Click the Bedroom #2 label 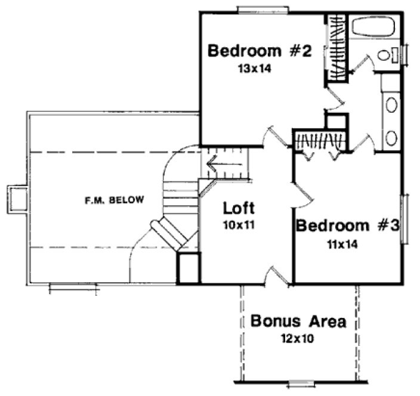point(260,51)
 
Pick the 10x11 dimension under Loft point(239,225)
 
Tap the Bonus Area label point(298,322)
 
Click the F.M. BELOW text point(113,200)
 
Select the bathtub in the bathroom point(372,27)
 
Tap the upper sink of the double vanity point(391,106)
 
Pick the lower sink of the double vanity point(391,138)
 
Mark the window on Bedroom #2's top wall point(264,9)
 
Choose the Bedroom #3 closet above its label point(319,141)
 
